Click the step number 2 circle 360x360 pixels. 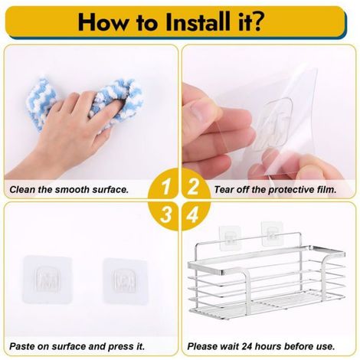(x=195, y=185)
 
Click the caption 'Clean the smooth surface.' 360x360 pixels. (x=69, y=190)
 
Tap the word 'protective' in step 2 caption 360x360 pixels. (x=290, y=190)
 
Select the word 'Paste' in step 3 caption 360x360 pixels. (x=22, y=346)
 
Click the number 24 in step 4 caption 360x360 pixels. (x=247, y=346)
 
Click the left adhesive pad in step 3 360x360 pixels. (x=47, y=280)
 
